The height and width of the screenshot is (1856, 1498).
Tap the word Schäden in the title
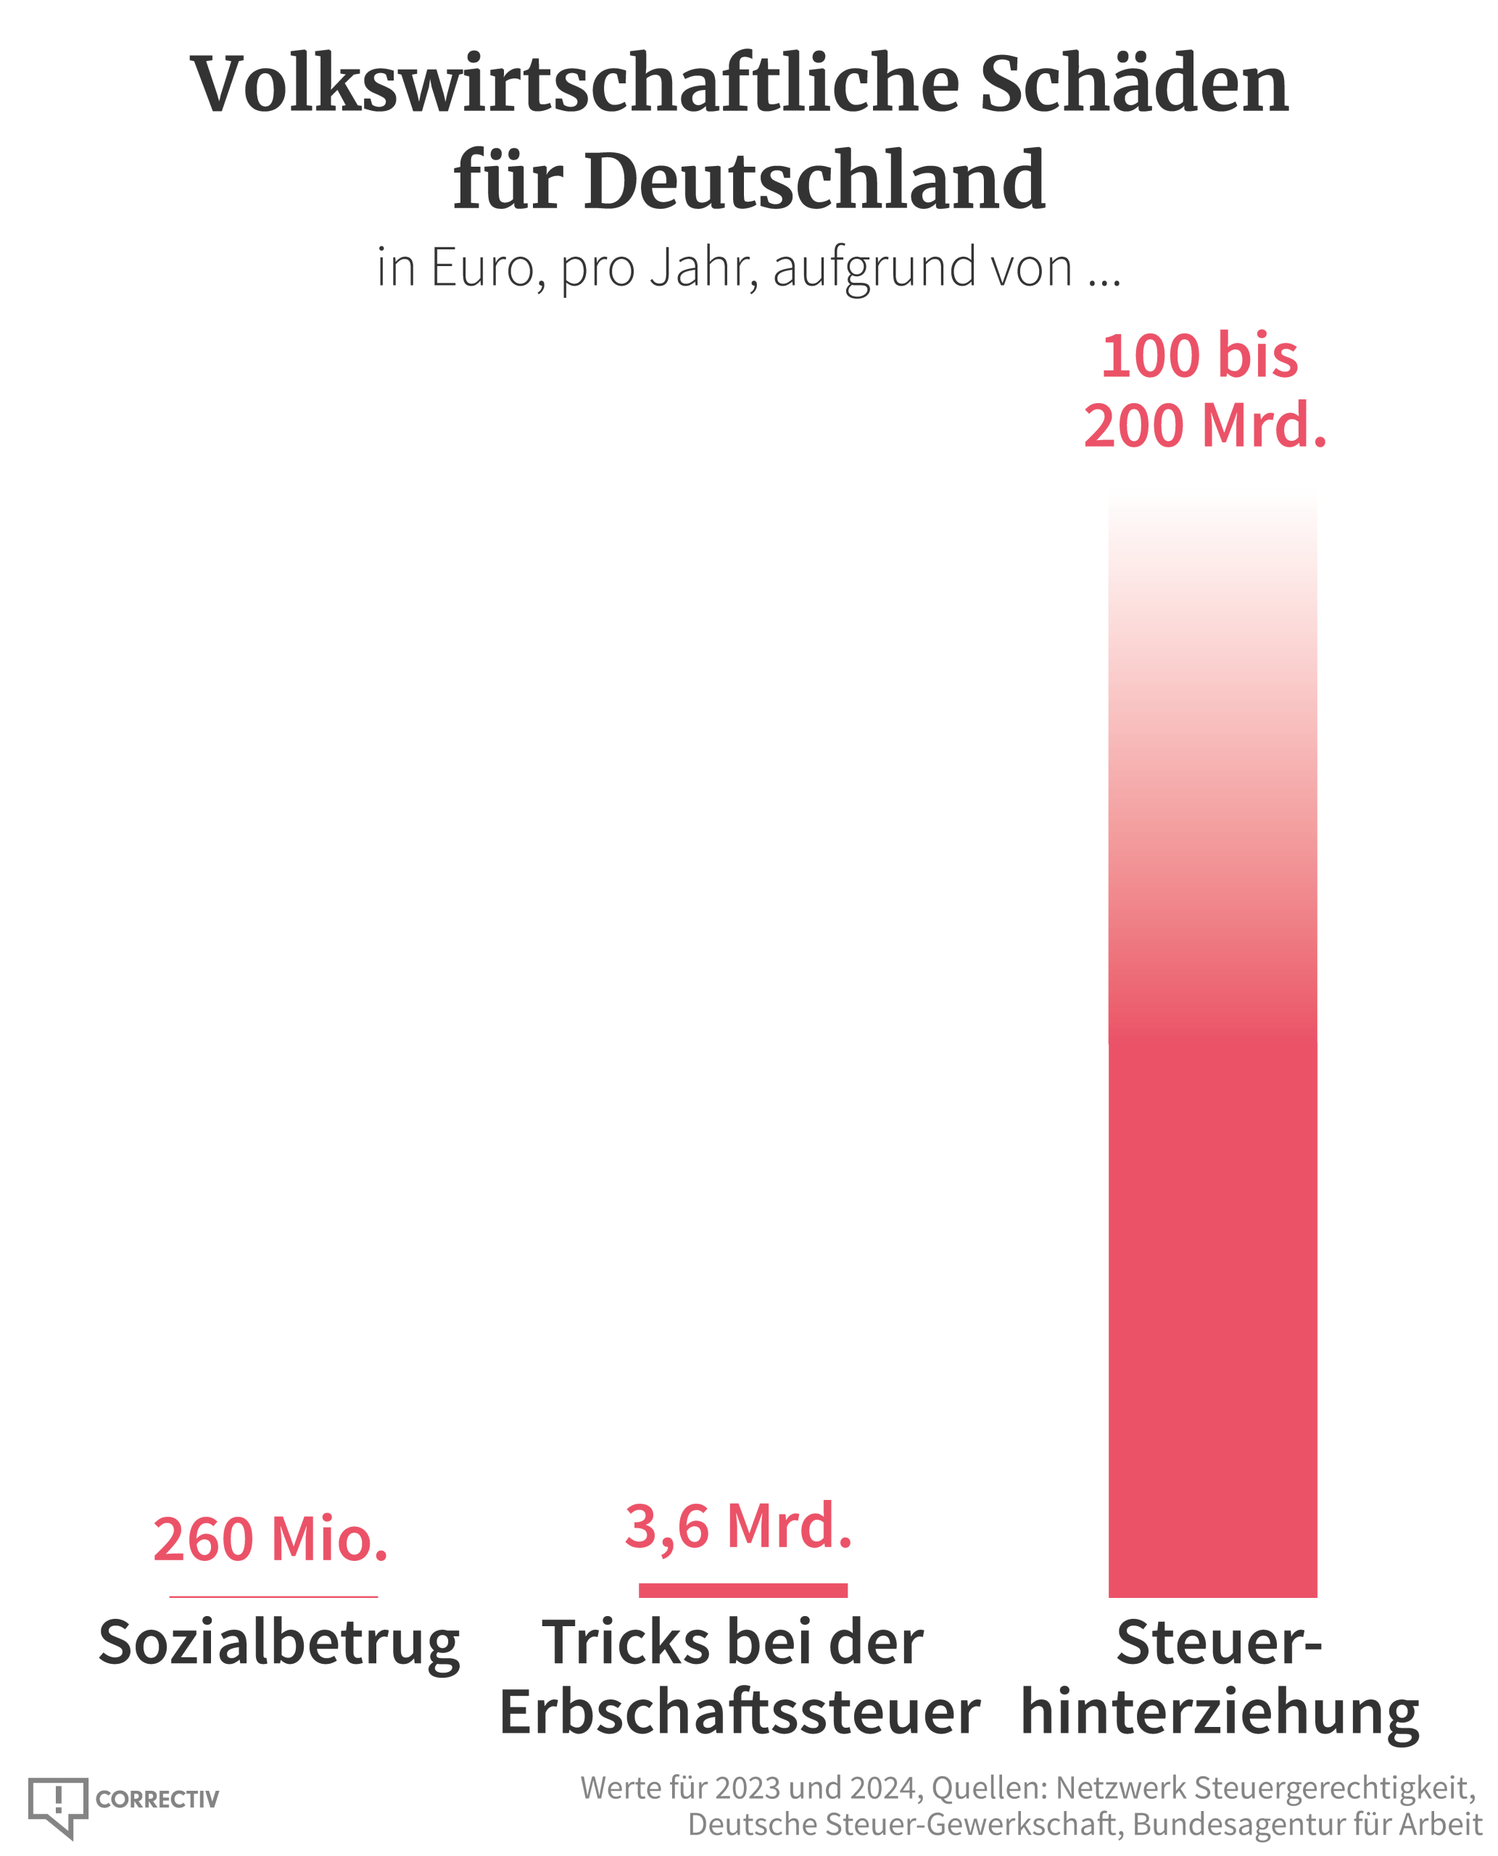[x=1134, y=85]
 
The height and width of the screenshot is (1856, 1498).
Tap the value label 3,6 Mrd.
[x=739, y=1525]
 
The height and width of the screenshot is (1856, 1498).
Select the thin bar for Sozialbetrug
[x=273, y=1596]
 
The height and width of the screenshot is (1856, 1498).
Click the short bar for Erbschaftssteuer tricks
[x=743, y=1590]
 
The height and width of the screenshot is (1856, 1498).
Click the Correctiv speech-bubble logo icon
[x=58, y=1805]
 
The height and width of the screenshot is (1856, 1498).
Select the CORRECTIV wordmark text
[x=157, y=1799]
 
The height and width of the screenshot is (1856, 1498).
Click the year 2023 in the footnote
[x=748, y=1788]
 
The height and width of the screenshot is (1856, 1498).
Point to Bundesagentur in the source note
[x=1240, y=1824]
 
